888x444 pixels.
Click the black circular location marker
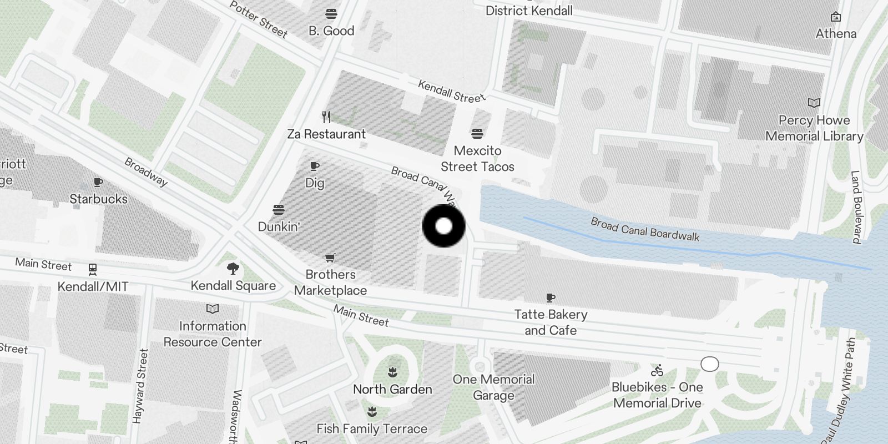click(443, 226)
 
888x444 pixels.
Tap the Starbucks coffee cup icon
click(98, 182)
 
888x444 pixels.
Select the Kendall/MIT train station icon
click(93, 270)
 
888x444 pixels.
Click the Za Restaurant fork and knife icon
click(326, 117)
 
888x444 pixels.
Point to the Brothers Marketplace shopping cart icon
click(330, 258)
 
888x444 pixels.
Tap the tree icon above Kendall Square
click(233, 269)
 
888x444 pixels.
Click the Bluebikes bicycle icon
click(657, 370)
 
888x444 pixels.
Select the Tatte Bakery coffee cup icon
click(551, 298)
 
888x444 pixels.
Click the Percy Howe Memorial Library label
click(814, 128)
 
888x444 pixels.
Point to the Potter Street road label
click(259, 19)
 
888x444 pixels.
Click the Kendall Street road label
click(451, 91)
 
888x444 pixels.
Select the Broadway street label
click(145, 172)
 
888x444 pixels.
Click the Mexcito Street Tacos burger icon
click(477, 134)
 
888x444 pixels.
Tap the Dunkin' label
click(279, 226)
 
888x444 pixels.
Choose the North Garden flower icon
click(392, 372)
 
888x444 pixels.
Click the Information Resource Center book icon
click(213, 309)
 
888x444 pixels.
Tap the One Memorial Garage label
click(493, 387)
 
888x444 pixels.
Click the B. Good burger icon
click(331, 14)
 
